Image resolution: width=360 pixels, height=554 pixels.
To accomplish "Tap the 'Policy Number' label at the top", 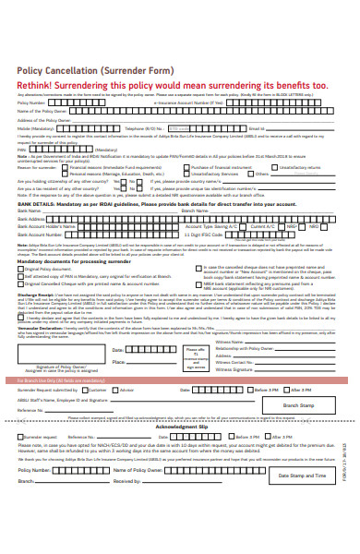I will tap(32, 103).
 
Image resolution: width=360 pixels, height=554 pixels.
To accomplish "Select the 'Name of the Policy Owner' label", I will tap(42, 111).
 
